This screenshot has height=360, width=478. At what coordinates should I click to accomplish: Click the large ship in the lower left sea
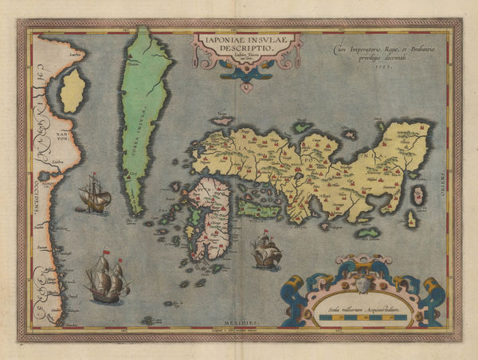tap(108, 277)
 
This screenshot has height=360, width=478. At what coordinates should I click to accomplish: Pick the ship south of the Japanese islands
tap(267, 253)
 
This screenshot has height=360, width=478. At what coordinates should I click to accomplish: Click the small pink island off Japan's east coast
tap(412, 219)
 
